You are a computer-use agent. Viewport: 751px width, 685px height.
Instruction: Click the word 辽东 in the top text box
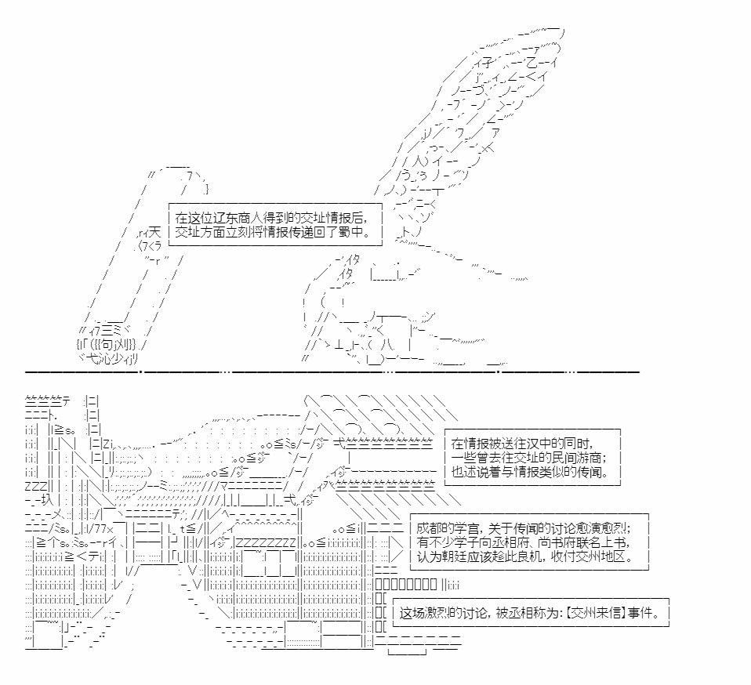point(219,218)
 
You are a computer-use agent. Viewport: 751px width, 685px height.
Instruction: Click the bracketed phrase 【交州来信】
point(596,613)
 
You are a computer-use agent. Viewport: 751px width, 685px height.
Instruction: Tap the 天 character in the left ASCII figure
point(154,233)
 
